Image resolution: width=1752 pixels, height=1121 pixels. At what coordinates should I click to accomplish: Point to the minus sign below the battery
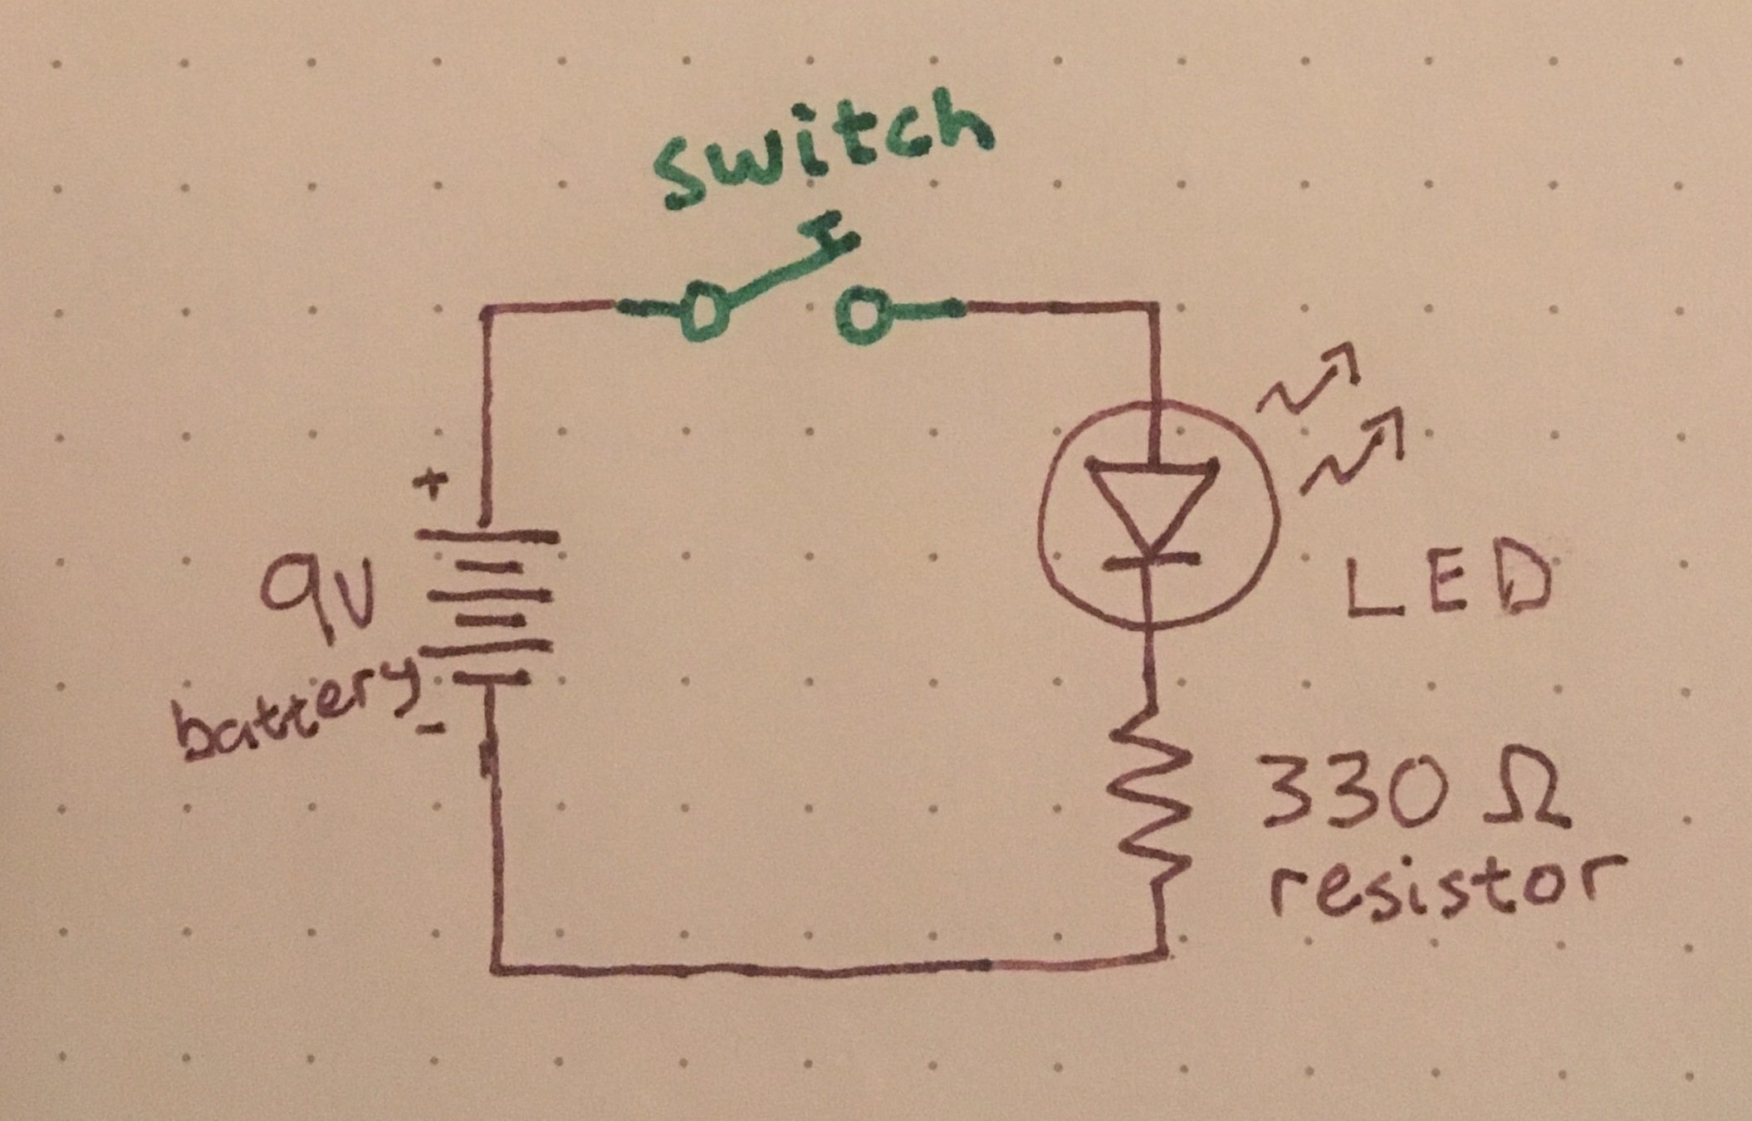tap(433, 728)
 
